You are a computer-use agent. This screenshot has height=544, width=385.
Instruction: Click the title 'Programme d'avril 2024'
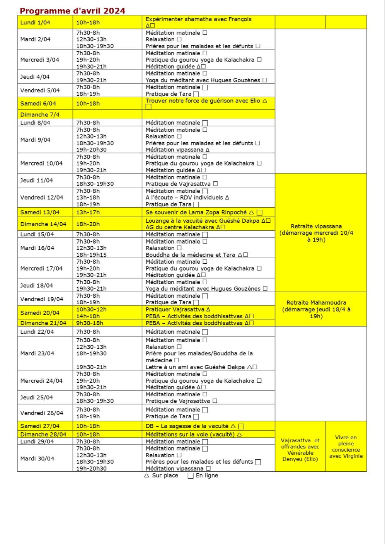(x=73, y=10)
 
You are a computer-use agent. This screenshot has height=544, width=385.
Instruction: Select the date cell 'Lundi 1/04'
(x=35, y=22)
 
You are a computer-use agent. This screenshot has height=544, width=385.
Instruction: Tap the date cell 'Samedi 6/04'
(x=38, y=103)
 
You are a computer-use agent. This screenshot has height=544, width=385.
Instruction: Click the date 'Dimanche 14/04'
(x=43, y=224)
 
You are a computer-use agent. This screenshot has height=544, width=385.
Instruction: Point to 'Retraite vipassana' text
(x=316, y=226)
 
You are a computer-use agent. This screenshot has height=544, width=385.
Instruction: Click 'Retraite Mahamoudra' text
(x=316, y=303)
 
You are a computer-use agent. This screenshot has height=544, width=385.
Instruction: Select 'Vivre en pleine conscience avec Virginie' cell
(x=346, y=447)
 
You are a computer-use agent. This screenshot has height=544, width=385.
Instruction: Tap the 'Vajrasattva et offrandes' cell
(x=300, y=450)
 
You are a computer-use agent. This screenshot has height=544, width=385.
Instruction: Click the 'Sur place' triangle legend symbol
(x=147, y=476)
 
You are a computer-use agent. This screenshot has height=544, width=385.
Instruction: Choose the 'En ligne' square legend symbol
(x=190, y=476)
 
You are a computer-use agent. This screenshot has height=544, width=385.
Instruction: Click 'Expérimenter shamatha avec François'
(x=198, y=19)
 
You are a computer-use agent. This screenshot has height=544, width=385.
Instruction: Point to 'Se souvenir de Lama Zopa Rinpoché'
(x=196, y=212)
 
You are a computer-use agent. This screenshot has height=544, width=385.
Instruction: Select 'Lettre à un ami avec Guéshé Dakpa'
(x=195, y=367)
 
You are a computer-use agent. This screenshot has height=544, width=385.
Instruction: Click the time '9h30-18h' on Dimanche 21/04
(x=90, y=323)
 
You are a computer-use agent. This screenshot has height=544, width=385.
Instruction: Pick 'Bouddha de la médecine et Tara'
(x=190, y=255)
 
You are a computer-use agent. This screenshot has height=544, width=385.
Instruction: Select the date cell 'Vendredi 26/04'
(x=42, y=413)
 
